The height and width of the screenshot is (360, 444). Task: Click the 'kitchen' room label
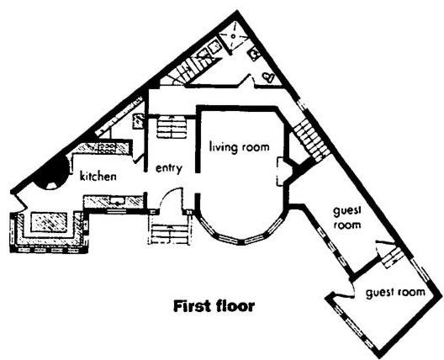(98, 177)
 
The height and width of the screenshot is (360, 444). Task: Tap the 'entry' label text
(168, 168)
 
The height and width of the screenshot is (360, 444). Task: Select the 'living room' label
(239, 147)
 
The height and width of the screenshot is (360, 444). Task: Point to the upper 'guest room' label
(346, 219)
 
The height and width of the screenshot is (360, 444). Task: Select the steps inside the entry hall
(172, 129)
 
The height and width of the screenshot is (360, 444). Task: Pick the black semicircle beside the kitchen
(55, 175)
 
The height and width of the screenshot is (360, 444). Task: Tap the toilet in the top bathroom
(268, 77)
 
